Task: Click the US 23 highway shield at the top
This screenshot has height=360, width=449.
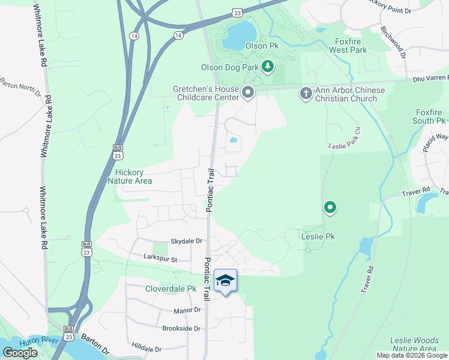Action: (238, 12)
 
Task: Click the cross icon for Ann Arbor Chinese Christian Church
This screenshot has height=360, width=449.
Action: (306, 93)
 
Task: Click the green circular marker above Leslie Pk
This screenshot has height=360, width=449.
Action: (330, 208)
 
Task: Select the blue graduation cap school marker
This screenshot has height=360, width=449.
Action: (225, 281)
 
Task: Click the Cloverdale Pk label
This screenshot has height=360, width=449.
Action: (171, 289)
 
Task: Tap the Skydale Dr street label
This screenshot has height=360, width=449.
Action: (187, 241)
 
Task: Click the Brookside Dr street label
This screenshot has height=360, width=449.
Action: (181, 328)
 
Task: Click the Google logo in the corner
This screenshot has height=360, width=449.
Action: (20, 353)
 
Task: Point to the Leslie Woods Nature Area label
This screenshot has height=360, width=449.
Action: (413, 344)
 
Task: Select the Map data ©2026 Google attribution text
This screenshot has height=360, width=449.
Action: (412, 355)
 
